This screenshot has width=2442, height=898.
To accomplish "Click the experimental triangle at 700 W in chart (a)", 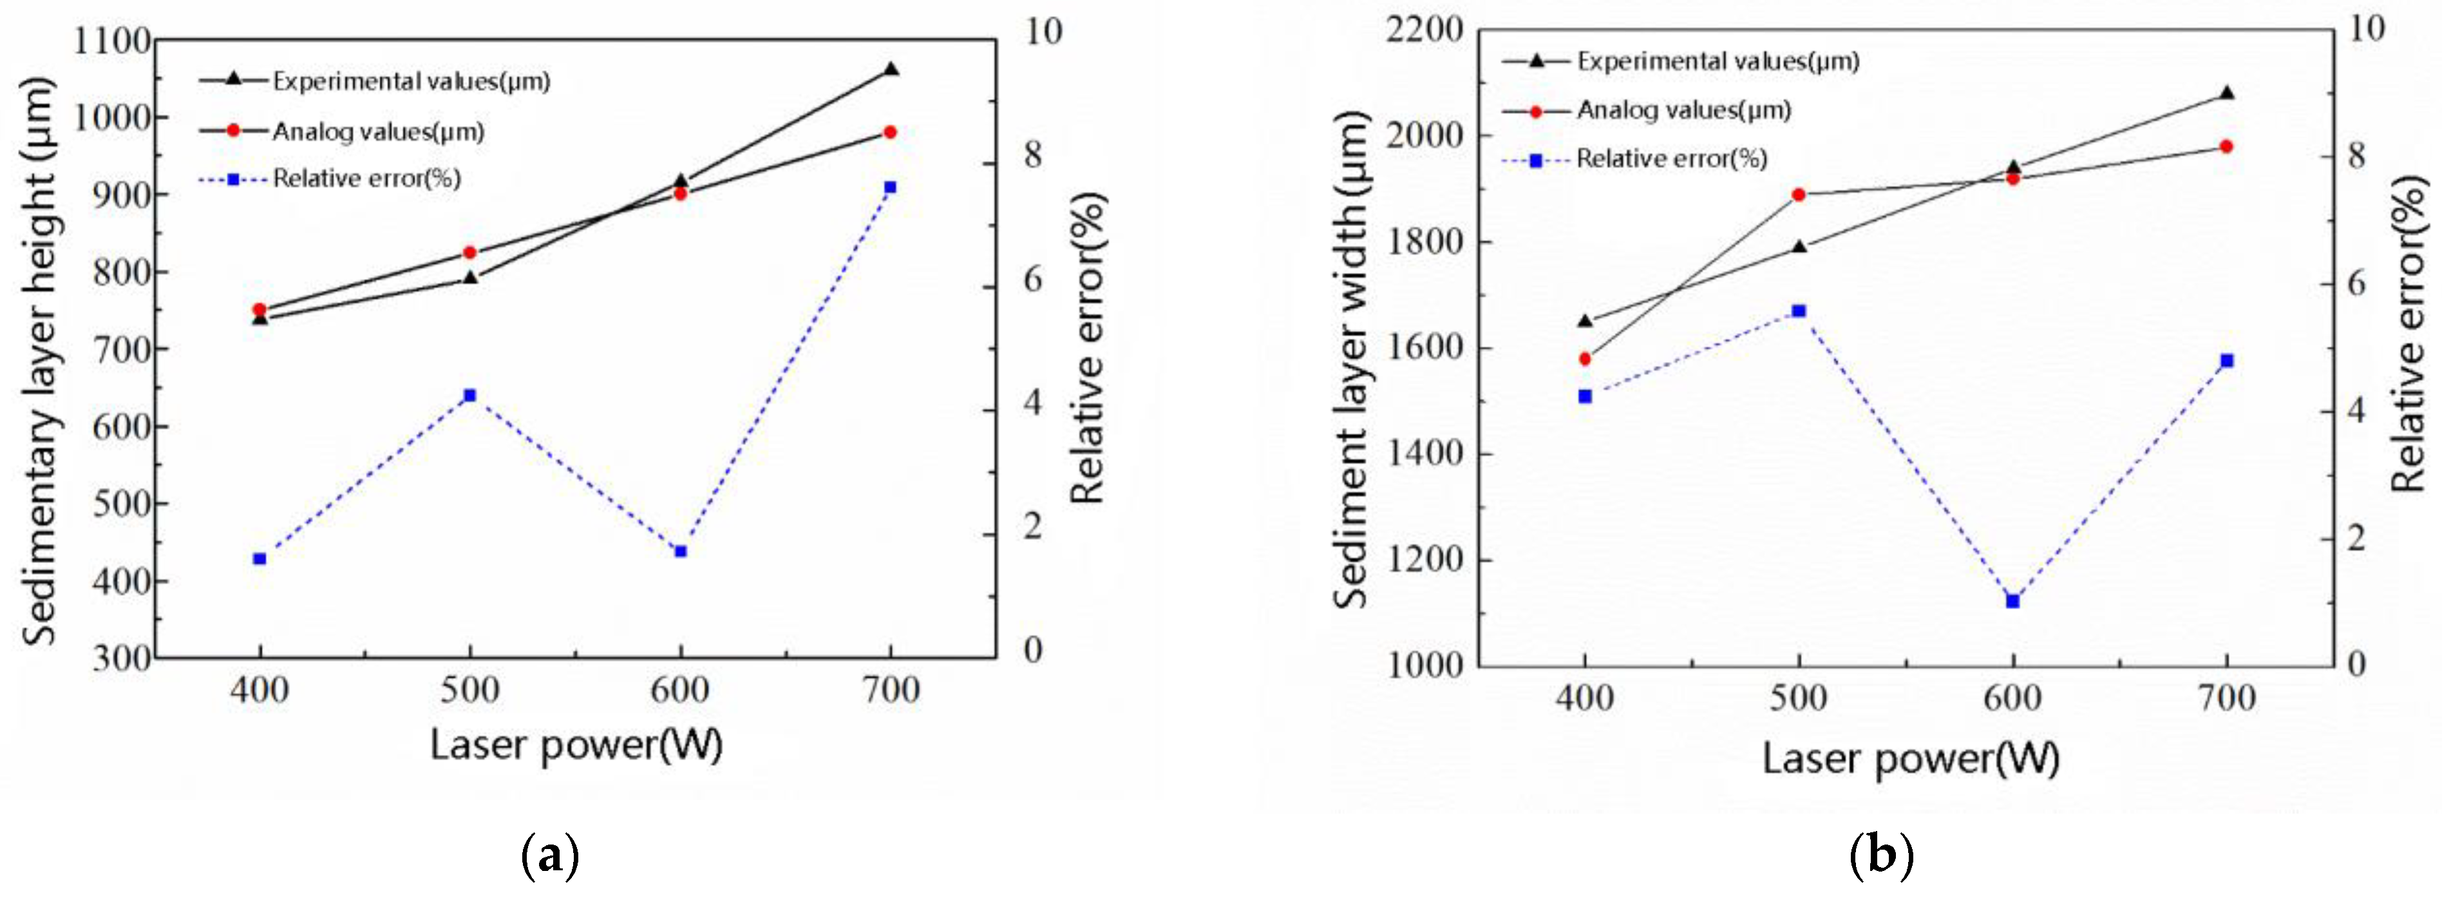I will point(890,69).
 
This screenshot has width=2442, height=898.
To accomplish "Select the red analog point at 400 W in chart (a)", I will point(260,310).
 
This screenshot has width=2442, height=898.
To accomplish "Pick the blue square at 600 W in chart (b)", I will point(2012,601).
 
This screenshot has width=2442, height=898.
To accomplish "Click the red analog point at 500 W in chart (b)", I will point(1798,195).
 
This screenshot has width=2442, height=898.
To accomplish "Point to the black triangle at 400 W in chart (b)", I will point(1584,321).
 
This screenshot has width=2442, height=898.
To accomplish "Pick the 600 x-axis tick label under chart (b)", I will point(2012,699).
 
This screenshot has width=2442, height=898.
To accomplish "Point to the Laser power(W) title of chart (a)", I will point(576,745).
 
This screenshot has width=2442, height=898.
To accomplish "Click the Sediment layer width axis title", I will point(1351,360).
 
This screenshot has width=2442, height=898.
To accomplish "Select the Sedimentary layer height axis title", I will point(40,360).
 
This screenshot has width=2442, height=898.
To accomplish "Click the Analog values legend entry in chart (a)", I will point(377,131).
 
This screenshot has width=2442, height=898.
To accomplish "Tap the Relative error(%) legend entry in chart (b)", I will point(1671,158).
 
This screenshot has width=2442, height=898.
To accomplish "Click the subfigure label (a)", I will point(550,856).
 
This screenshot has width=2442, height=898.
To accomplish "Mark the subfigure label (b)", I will point(1881,856).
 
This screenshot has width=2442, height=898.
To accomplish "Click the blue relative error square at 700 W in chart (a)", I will point(890,187).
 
